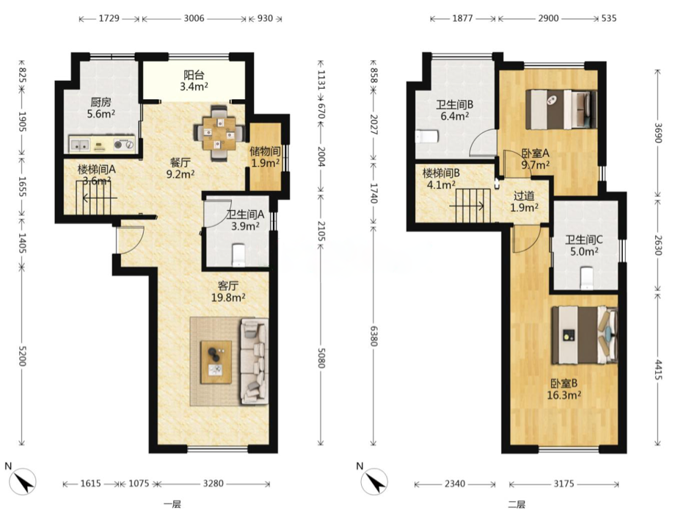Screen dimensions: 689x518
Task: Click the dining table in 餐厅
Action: tap(219, 132)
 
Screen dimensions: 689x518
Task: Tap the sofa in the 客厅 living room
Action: tap(254, 361)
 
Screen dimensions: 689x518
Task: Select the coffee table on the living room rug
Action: tap(216, 361)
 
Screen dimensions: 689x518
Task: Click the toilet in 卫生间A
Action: tap(238, 255)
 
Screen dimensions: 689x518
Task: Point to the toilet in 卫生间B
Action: tap(426, 137)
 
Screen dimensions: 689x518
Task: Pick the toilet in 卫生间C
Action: tap(586, 278)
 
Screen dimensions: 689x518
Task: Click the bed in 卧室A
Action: tap(561, 109)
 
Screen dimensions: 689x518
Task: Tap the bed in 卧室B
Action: tap(585, 335)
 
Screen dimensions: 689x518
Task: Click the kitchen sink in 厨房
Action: tap(79, 145)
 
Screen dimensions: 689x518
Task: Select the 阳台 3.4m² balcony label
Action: tap(194, 81)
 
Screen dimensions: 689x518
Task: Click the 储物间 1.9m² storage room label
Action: tap(266, 157)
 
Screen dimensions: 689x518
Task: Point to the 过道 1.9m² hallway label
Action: tap(524, 201)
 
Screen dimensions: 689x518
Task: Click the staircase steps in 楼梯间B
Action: tap(473, 205)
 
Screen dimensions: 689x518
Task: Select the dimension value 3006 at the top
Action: tap(194, 18)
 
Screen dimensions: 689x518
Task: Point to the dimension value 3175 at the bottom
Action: tap(564, 484)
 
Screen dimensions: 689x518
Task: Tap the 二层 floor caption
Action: tap(517, 504)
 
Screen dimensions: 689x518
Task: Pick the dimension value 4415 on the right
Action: tap(658, 370)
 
